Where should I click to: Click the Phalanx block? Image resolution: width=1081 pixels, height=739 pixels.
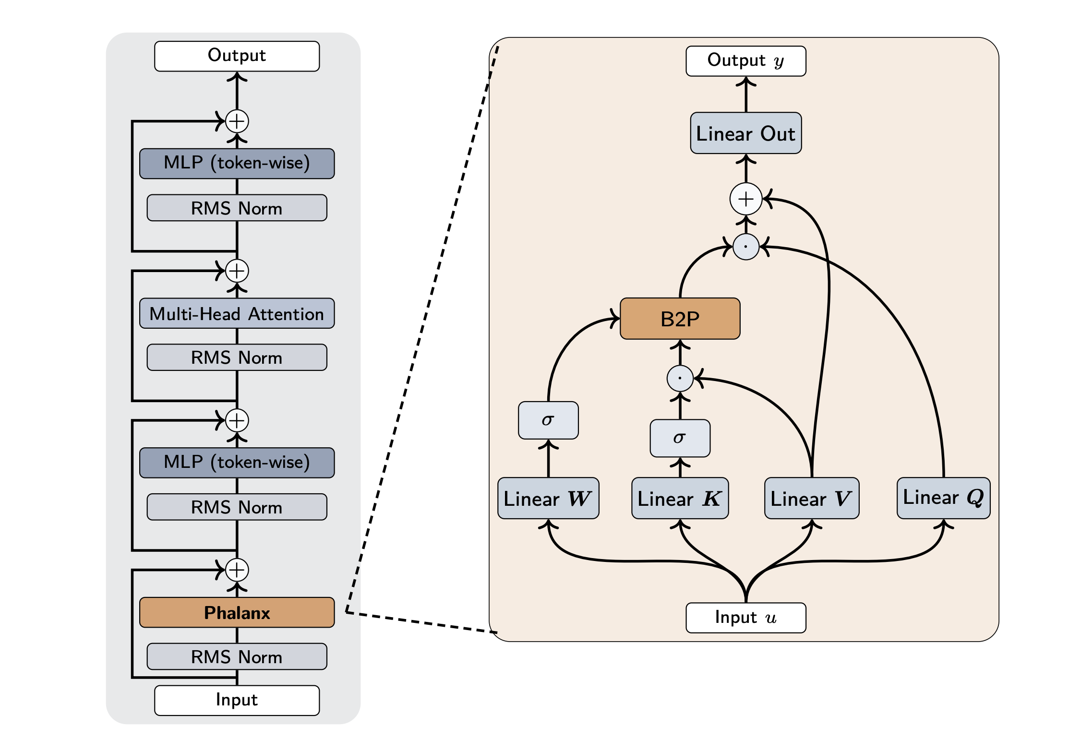[x=237, y=612]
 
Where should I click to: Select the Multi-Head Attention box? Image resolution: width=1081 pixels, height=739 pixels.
[x=237, y=313]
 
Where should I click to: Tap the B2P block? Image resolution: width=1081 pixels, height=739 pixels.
[x=680, y=319]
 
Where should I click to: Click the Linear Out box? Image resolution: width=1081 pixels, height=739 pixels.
[x=745, y=133]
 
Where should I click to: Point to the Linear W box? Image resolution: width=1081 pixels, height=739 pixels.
[x=548, y=498]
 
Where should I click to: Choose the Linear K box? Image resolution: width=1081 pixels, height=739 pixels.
[x=680, y=498]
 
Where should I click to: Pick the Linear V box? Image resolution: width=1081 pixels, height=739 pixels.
[x=811, y=498]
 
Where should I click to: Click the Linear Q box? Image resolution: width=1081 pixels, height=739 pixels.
[x=943, y=498]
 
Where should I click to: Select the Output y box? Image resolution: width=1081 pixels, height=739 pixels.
[x=745, y=61]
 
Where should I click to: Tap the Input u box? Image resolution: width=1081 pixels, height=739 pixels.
[x=745, y=618]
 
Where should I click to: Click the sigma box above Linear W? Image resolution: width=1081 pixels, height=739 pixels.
[x=548, y=420]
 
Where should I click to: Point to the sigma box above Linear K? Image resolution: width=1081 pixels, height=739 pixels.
[x=680, y=438]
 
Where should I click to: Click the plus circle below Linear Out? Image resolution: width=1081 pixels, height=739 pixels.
[x=745, y=199]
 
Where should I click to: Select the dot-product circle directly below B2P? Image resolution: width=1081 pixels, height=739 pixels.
[x=680, y=378]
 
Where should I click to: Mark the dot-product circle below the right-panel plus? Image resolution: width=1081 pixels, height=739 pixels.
[x=745, y=247]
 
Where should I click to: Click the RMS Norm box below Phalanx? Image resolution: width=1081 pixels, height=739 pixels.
[x=237, y=656]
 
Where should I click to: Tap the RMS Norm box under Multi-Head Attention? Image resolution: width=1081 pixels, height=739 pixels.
[x=237, y=358]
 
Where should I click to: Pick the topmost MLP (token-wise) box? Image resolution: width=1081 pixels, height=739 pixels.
[x=237, y=163]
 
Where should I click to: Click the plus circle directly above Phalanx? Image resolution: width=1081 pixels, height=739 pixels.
[x=237, y=570]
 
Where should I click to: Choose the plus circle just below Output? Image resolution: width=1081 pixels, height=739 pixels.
[x=237, y=121]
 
